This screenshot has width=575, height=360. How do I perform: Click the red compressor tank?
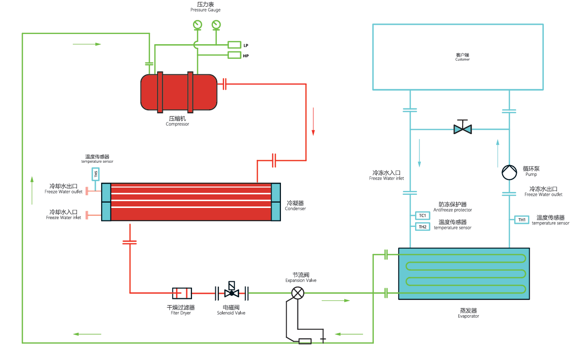[x=179, y=92]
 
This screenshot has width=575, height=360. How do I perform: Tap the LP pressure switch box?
[x=234, y=45]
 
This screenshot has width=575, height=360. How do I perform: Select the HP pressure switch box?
[x=234, y=55]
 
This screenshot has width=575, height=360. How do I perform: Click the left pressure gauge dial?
[x=197, y=24]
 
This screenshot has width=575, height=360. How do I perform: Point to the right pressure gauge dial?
[x=216, y=24]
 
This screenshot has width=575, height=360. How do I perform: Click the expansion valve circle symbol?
[x=297, y=293]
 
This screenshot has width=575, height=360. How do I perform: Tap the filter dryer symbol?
[x=182, y=293]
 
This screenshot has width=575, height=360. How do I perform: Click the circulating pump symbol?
[x=509, y=172]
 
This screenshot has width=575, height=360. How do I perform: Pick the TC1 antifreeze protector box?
[x=422, y=215]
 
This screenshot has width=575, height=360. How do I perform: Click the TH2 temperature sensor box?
[x=422, y=226]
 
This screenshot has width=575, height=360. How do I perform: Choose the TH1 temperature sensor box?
[x=522, y=220]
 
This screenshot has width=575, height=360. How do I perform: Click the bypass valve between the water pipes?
[x=462, y=129]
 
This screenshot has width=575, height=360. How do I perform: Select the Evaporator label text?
[x=468, y=316]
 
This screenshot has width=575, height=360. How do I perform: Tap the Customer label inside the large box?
[x=462, y=59]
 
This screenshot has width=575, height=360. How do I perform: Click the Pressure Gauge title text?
[x=206, y=10]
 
